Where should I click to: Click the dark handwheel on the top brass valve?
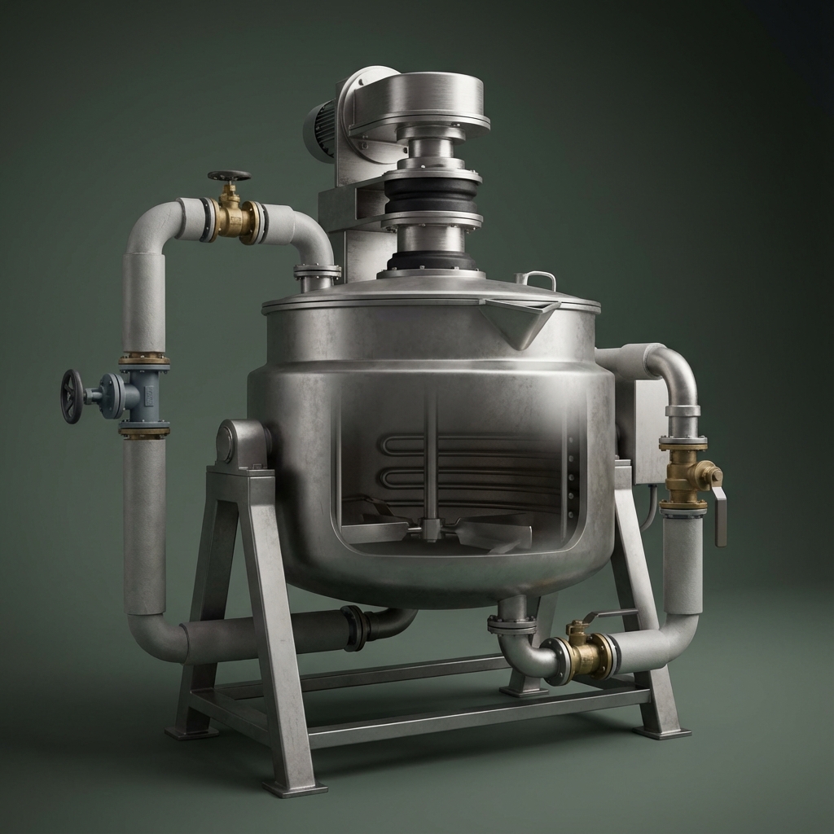pyautogui.click(x=229, y=176)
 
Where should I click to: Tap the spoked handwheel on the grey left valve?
pyautogui.click(x=72, y=396)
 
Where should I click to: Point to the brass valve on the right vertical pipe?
pyautogui.click(x=685, y=476)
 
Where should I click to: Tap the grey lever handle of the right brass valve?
pyautogui.click(x=719, y=516)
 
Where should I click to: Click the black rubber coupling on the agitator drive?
pyautogui.click(x=432, y=195)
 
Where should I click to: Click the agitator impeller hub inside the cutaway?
pyautogui.click(x=431, y=529)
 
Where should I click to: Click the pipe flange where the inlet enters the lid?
pyautogui.click(x=317, y=271)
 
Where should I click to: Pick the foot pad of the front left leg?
pyautogui.click(x=294, y=788)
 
